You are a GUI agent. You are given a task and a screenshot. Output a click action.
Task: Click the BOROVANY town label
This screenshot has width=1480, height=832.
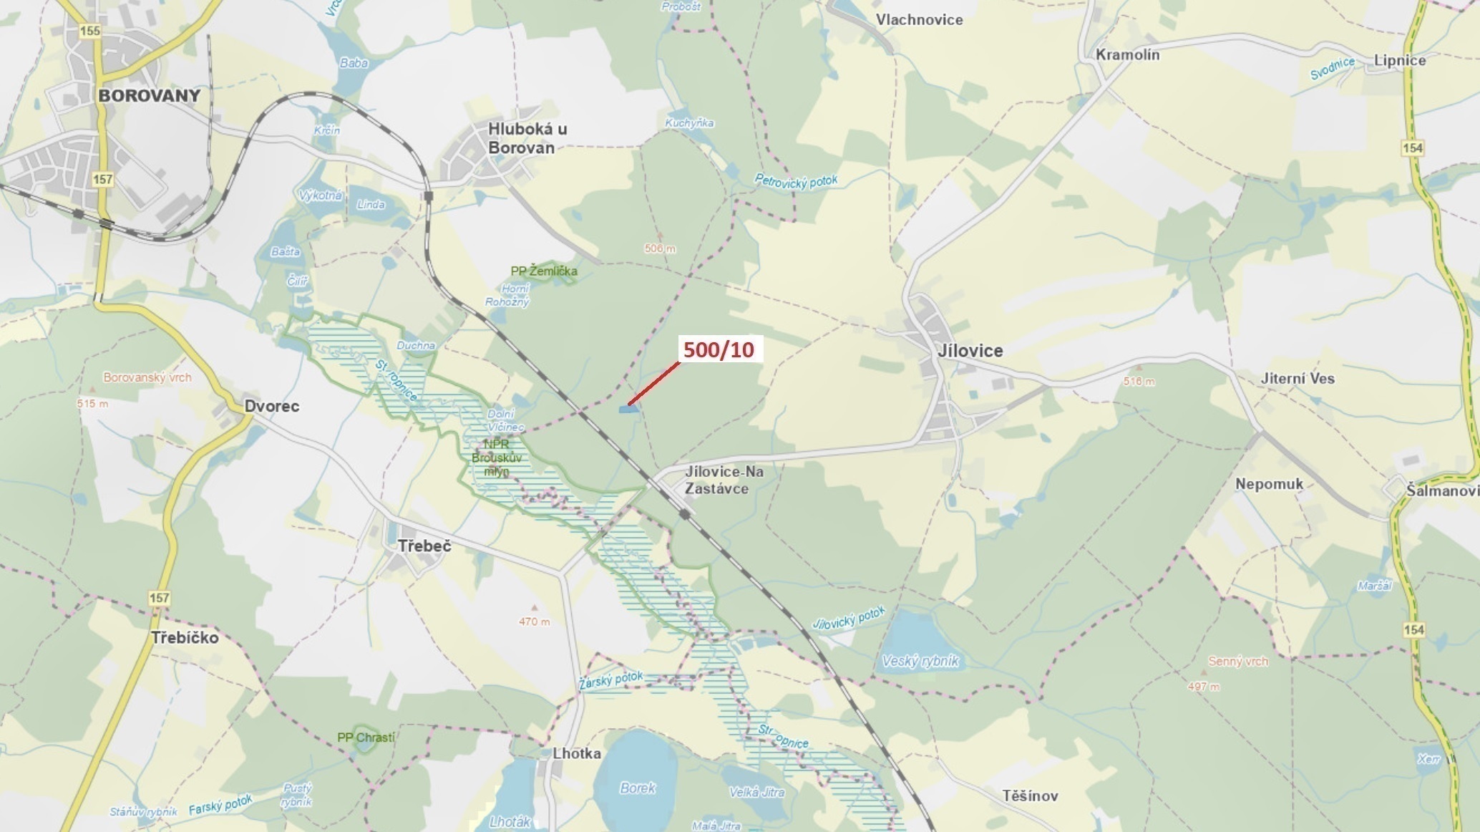149,95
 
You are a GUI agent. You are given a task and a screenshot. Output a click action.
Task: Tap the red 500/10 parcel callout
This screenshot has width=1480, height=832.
719,349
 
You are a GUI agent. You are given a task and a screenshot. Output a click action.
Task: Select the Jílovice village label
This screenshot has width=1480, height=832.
970,350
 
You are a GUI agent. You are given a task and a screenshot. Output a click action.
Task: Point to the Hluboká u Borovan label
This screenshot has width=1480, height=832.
527,138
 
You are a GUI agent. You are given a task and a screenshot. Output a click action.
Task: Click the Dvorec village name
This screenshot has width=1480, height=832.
271,406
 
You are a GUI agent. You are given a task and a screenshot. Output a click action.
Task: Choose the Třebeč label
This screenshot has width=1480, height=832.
424,546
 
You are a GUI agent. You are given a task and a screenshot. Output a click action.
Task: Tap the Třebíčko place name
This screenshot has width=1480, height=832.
185,637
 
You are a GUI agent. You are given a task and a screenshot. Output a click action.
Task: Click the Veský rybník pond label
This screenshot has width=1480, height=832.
920,661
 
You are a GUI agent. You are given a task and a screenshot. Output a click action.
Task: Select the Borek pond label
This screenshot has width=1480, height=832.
637,788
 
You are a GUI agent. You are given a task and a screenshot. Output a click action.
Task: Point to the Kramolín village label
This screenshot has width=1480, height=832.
1127,54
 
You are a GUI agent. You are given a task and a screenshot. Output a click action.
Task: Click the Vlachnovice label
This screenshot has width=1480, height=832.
919,19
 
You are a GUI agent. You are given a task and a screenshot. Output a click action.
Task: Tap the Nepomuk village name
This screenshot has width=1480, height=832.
1269,483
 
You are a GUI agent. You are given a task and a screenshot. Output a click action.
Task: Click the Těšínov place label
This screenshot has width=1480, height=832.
1029,795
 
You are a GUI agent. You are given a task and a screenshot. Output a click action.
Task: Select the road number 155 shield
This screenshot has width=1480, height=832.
90,31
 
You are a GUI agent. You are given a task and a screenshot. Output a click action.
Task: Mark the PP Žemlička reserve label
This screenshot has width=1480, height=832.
543,271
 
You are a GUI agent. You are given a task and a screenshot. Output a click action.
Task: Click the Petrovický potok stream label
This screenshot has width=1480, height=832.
796,181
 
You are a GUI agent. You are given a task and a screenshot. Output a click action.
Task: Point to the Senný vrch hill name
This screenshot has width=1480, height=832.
1237,661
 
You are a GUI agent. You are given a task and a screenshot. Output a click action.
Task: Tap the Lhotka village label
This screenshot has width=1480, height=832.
576,753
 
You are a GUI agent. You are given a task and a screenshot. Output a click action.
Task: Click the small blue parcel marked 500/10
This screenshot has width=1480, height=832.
626,409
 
